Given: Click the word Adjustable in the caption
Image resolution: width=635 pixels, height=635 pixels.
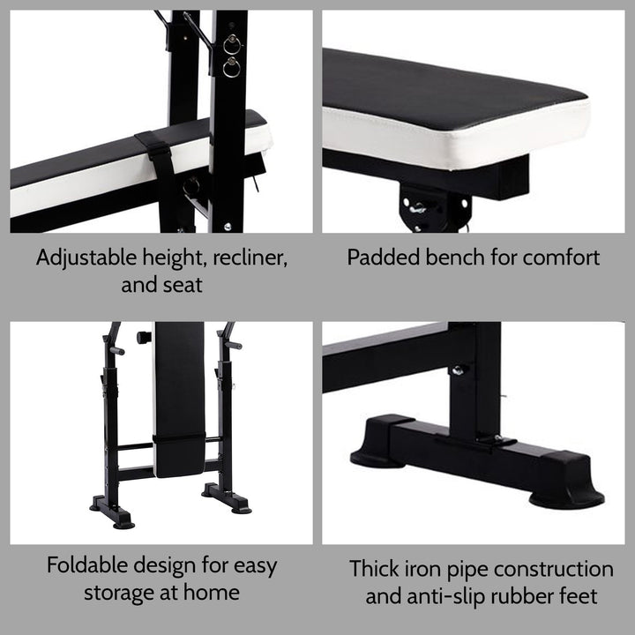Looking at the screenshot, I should (x=85, y=258).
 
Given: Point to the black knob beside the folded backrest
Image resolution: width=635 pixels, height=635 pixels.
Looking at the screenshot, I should (x=143, y=338).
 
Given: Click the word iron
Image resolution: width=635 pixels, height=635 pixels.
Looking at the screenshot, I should (x=427, y=569).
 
